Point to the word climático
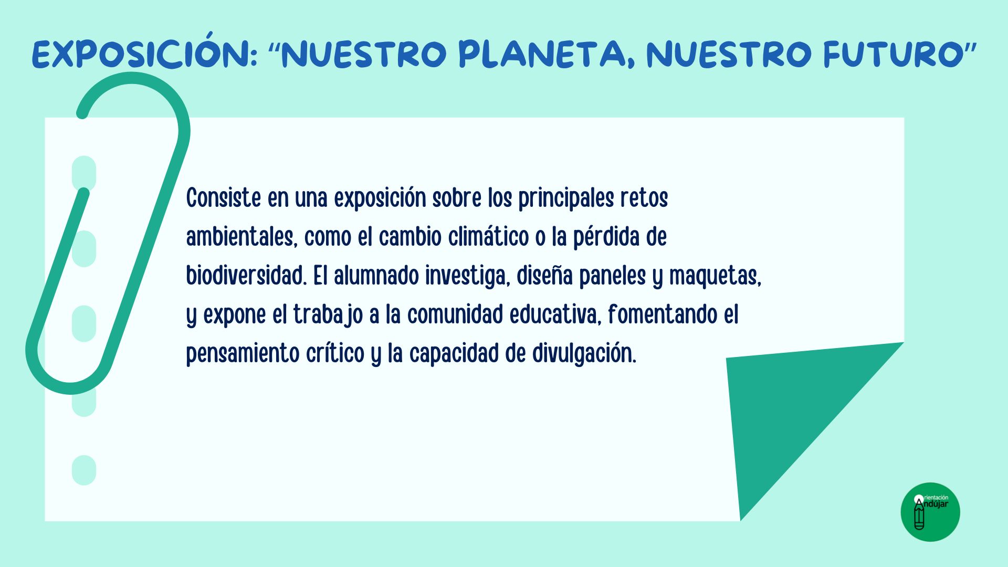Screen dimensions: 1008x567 click(x=488, y=237)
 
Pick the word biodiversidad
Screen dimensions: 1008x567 click(x=246, y=276)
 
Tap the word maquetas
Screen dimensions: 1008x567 click(x=715, y=277)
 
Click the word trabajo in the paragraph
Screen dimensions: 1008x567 click(x=328, y=316)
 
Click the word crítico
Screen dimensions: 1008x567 click(x=335, y=353)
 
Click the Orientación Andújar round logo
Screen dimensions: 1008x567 click(x=930, y=512)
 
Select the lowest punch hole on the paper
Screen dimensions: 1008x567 click(x=84, y=470)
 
